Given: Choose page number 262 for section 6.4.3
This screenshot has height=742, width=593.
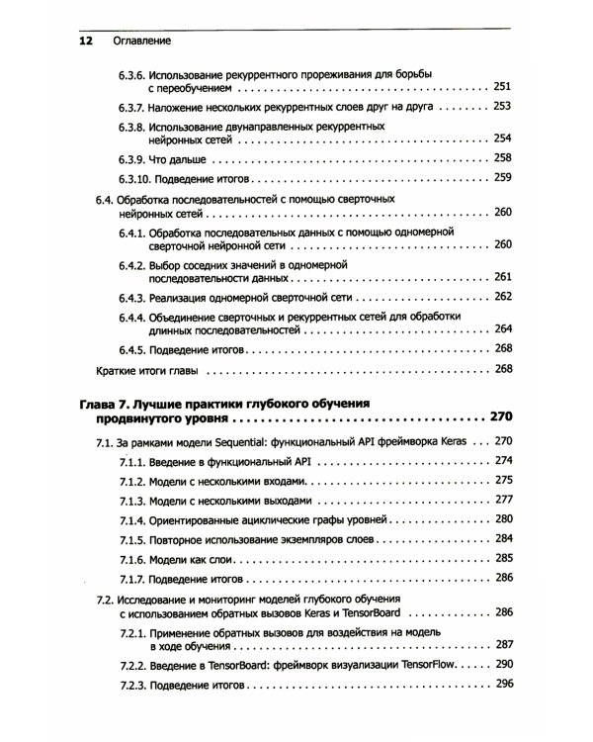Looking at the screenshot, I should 502,297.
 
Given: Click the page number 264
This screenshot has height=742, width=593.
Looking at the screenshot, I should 502,329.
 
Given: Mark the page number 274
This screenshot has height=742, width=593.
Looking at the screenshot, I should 502,460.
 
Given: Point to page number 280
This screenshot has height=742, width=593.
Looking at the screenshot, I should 502,519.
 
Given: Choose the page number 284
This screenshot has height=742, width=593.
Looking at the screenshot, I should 502,539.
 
